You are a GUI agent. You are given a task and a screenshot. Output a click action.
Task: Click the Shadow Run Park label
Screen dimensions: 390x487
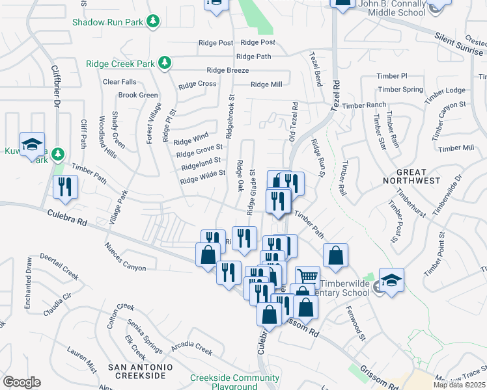[x=107, y=22]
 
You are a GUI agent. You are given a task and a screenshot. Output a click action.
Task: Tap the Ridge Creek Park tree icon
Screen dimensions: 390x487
[x=165, y=63]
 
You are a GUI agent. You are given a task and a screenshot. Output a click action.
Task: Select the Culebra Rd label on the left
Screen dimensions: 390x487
[x=67, y=217]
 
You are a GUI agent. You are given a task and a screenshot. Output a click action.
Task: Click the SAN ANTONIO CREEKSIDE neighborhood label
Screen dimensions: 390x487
[x=141, y=372]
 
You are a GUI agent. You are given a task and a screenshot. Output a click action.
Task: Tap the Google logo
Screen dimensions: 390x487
[x=21, y=382]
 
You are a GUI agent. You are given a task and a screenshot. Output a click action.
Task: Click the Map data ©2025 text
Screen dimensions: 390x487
[x=460, y=385]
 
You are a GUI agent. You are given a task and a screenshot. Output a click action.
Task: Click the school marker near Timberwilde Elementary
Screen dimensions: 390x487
[x=391, y=281]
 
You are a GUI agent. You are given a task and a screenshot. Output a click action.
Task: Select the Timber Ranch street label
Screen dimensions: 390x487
[x=364, y=105]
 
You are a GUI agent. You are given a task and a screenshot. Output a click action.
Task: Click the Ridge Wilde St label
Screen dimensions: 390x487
[x=202, y=176]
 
